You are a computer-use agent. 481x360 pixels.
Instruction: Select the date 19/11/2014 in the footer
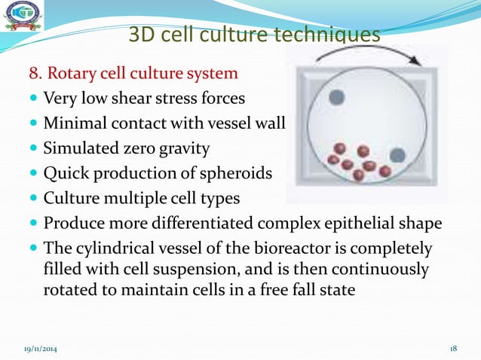pyautogui.click(x=39, y=349)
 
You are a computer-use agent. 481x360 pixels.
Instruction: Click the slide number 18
pyautogui.click(x=454, y=349)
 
